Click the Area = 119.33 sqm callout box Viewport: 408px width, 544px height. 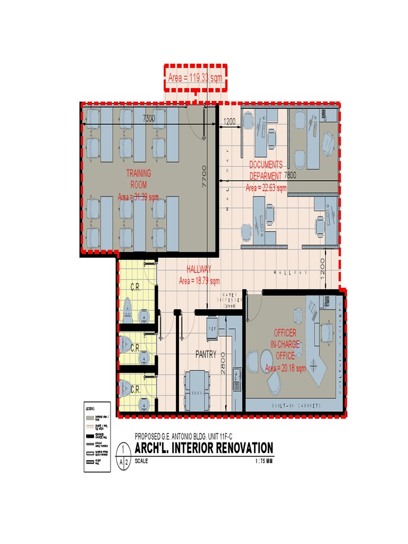pos(195,78)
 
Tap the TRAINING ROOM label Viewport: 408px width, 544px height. pos(139,179)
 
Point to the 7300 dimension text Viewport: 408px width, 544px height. pos(149,119)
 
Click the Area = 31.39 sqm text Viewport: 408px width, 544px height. pos(138,197)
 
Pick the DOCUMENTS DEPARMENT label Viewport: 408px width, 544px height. pos(266,171)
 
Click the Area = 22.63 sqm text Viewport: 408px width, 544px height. pos(266,188)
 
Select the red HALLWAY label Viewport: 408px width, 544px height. pos(199,269)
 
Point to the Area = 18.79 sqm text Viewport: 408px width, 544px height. pos(199,280)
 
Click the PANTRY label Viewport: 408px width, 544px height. pos(206,354)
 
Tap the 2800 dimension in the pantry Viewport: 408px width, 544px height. pos(223,363)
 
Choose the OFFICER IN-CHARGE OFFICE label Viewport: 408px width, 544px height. pos(285,344)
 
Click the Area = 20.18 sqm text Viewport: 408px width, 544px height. pos(285,368)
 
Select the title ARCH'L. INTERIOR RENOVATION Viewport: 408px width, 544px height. pos(204,448)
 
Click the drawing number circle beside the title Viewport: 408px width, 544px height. pos(123,456)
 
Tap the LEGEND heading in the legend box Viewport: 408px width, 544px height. pos(90,408)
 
